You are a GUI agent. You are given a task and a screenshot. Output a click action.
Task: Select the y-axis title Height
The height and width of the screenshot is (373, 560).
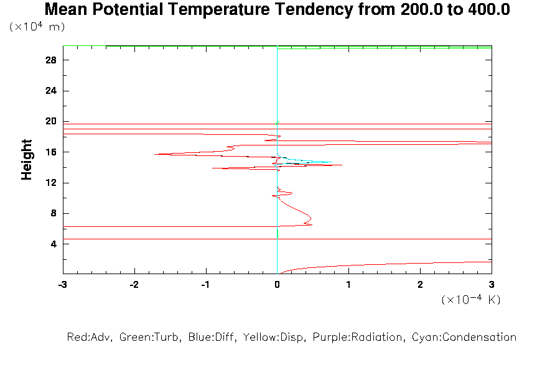[27, 160]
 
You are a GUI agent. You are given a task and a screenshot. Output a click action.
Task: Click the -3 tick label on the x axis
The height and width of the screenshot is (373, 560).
[62, 284]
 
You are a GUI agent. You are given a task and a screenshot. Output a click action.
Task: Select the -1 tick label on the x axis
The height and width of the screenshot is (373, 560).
[205, 284]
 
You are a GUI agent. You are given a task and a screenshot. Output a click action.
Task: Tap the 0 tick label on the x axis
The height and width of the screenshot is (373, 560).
[277, 284]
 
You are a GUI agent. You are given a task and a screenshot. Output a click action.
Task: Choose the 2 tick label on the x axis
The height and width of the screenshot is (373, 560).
[420, 284]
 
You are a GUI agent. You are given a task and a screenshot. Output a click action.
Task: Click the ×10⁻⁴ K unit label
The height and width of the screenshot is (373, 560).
[471, 300]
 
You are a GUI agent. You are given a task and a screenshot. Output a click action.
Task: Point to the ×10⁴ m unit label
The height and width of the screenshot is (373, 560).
[37, 27]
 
